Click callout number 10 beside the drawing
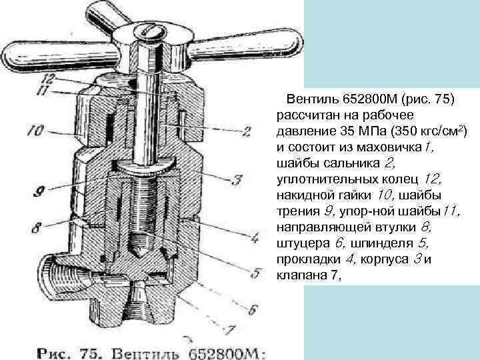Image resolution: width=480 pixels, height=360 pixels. click(35, 131)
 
